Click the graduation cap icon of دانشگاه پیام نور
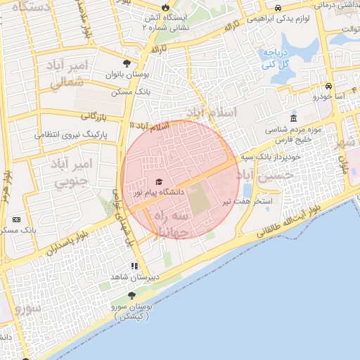[157, 181]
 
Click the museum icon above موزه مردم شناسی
[293, 118]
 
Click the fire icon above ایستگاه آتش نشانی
[165, 8]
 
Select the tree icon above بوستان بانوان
[126, 63]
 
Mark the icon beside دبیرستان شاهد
[134, 266]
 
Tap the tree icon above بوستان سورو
[131, 296]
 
